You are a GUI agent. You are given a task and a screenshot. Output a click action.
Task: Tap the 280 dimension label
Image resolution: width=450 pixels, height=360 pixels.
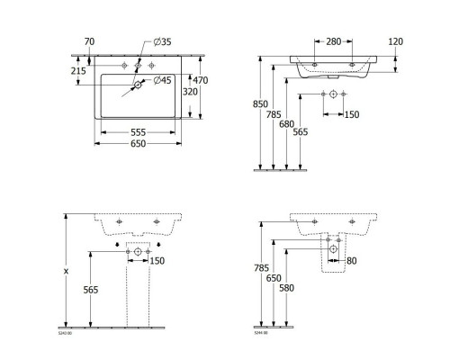tap(333, 41)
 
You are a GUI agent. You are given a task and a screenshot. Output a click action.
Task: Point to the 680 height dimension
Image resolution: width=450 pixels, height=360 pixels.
tap(287, 124)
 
